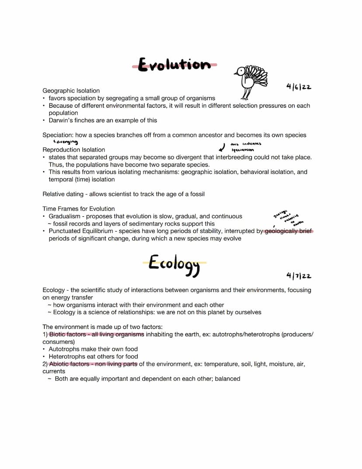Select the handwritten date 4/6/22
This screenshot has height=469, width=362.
[x=299, y=87]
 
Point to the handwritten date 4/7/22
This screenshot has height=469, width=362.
[x=299, y=275]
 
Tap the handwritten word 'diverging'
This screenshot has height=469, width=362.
[x=66, y=142]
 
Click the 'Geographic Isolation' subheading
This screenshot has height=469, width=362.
[x=71, y=91]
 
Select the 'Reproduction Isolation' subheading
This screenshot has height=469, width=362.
[x=73, y=150]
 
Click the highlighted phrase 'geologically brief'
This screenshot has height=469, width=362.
[x=289, y=231]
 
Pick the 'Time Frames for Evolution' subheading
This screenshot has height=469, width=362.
[x=79, y=209]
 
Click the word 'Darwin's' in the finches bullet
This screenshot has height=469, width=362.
[x=61, y=120]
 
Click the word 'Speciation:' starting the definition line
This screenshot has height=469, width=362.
[x=58, y=135]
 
